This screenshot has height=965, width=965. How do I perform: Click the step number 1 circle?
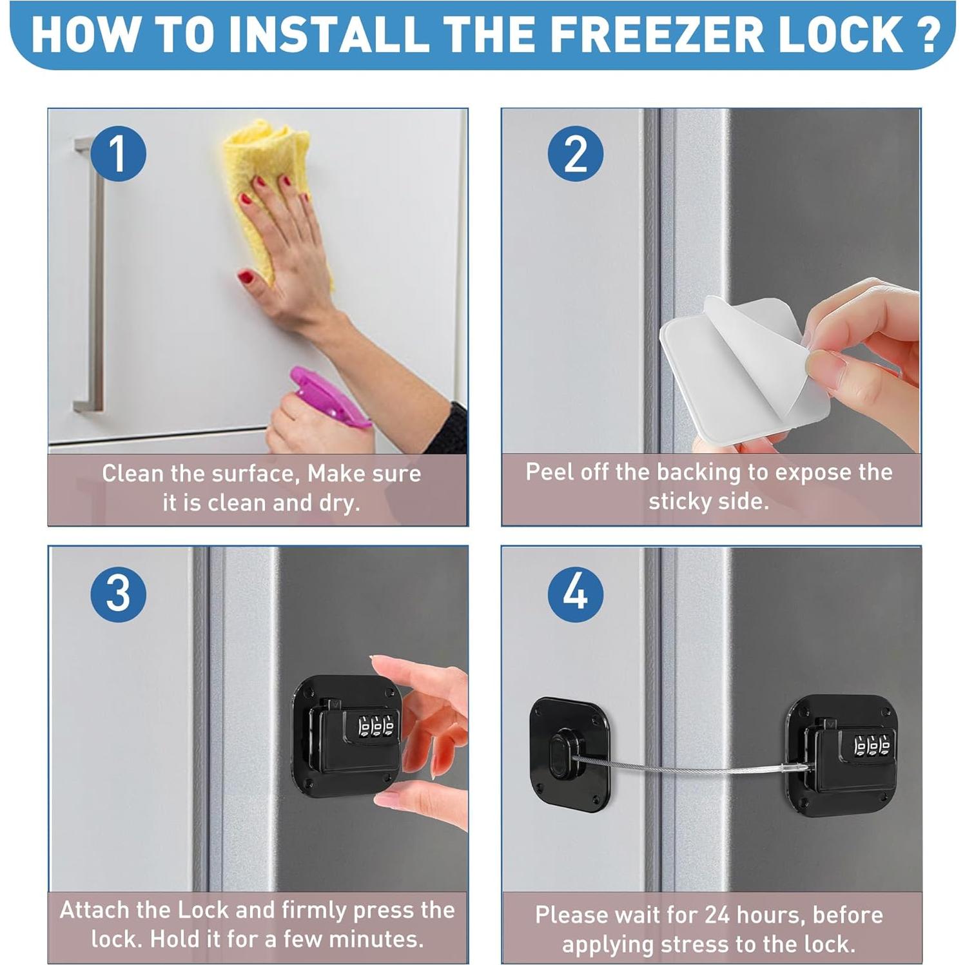click(x=118, y=153)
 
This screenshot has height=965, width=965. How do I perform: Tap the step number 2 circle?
click(x=576, y=153)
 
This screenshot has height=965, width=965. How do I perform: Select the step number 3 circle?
click(x=119, y=594)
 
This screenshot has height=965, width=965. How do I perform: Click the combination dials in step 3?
click(x=376, y=726)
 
